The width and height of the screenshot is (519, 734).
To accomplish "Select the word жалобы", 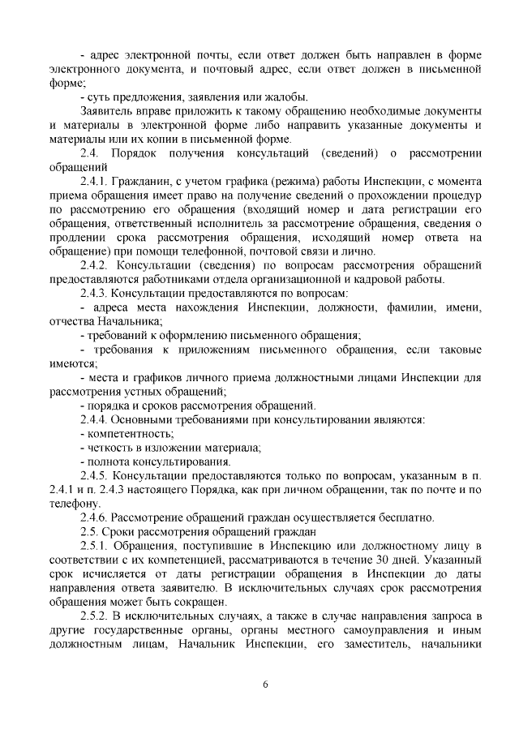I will (x=247, y=97).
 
